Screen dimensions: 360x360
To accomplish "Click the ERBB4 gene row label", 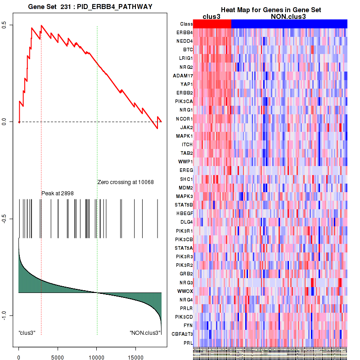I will pos(185,33).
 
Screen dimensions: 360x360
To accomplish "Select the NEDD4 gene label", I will pos(185,41).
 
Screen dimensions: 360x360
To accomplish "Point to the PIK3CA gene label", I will pos(184,102).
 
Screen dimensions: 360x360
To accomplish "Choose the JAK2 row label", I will pos(187,127).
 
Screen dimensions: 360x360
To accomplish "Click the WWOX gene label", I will pos(185,291).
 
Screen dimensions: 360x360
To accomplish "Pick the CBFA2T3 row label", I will pos(182,334).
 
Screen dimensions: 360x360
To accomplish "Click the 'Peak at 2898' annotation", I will pos(58,193).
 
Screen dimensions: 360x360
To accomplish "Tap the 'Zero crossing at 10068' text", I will pos(126,182).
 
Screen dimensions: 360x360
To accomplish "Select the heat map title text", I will pos(270,10).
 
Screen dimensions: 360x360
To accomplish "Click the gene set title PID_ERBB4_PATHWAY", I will pos(90,7).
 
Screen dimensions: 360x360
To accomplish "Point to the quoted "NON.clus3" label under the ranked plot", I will pos(145,333).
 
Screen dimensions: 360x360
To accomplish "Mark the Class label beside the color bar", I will pos(186,24).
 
